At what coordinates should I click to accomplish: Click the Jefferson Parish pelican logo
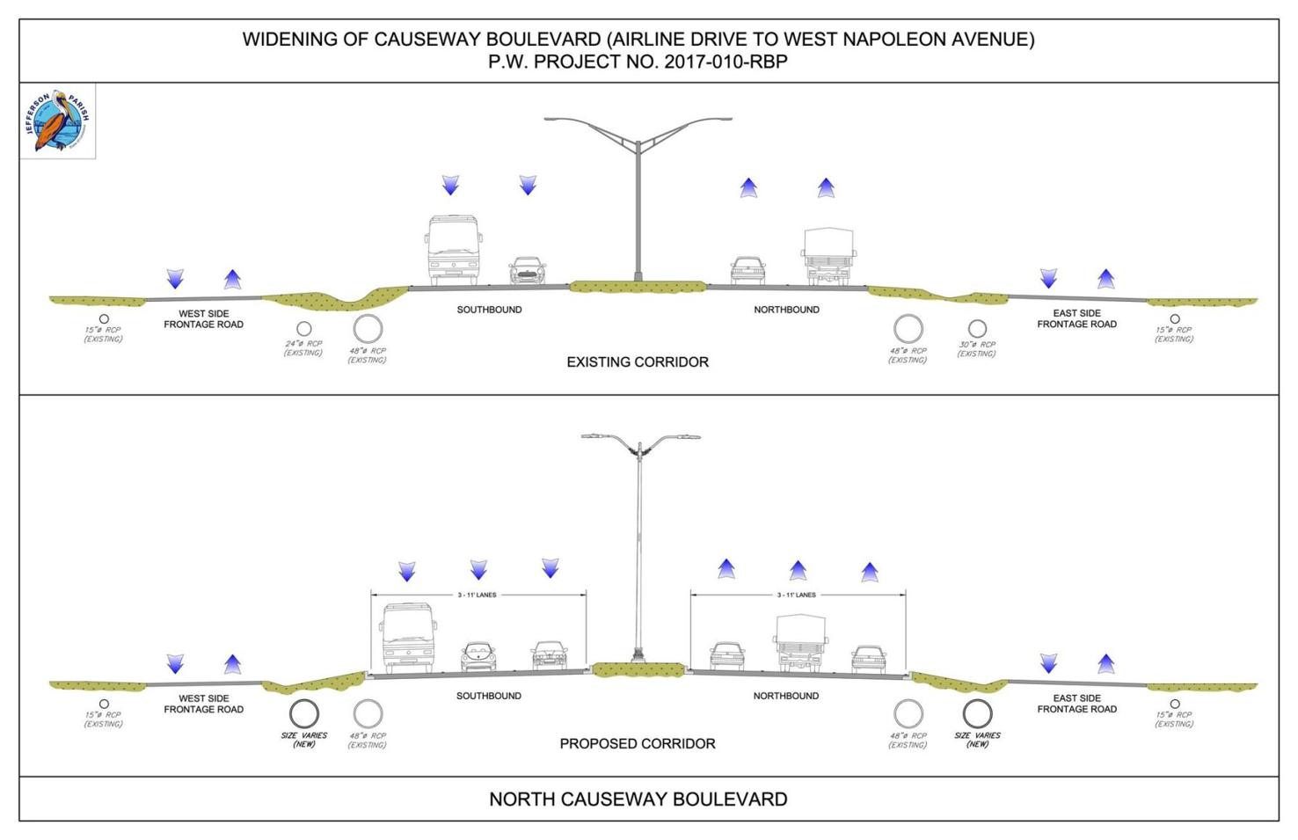(x=57, y=121)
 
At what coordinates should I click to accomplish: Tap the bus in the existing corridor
(x=454, y=250)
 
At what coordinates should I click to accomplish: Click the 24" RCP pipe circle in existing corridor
(x=303, y=329)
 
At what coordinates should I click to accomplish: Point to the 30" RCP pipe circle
(x=977, y=330)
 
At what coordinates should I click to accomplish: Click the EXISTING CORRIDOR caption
(x=637, y=362)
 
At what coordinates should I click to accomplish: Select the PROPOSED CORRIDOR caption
(x=637, y=743)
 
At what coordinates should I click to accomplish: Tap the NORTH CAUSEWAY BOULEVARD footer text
(x=638, y=799)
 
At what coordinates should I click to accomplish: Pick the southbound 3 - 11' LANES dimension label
(x=477, y=595)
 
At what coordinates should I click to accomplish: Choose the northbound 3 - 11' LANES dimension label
(x=796, y=595)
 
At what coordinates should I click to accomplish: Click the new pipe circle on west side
(x=304, y=713)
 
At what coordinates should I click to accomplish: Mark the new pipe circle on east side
(x=977, y=713)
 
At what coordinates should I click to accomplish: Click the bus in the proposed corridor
(x=408, y=637)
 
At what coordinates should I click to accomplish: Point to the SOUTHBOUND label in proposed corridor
(x=488, y=696)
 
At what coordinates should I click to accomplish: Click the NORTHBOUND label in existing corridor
(x=786, y=310)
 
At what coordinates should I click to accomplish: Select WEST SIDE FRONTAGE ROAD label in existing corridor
(x=203, y=318)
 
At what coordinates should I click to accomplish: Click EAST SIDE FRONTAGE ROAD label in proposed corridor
(x=1076, y=704)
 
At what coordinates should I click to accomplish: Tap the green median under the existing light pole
(x=637, y=287)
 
